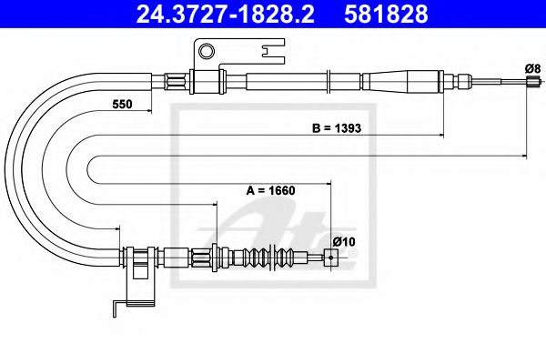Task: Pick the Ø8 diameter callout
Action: coord(533,68)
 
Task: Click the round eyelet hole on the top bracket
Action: coord(207,51)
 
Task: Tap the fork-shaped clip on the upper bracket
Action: coord(270,56)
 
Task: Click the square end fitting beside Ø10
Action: coord(333,258)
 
